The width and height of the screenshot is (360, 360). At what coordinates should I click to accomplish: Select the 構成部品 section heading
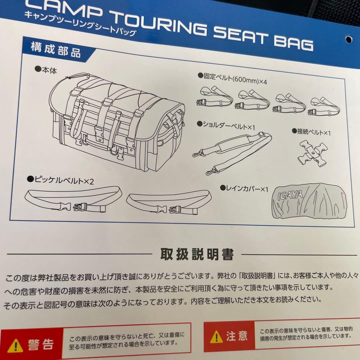[x=56, y=50]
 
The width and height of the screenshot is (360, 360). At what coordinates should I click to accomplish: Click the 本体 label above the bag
[x=46, y=70]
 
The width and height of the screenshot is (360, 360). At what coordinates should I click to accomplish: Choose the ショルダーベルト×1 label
[x=226, y=125]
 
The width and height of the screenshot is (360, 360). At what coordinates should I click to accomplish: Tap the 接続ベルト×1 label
[x=311, y=132]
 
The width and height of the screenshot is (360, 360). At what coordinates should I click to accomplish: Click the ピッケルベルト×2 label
[x=60, y=180]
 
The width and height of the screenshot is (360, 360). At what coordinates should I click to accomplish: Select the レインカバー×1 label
[x=244, y=188]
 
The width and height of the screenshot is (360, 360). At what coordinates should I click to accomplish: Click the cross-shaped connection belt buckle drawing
[x=313, y=153]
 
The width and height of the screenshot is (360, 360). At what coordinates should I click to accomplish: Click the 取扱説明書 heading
[x=197, y=254]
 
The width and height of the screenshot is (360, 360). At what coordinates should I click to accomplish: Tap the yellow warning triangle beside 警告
[x=15, y=346]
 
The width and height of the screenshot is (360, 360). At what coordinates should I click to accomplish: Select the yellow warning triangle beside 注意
[x=216, y=337]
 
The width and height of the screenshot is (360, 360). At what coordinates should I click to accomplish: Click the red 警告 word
[x=41, y=345]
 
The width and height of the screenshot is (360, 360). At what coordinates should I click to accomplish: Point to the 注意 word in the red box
[x=237, y=336]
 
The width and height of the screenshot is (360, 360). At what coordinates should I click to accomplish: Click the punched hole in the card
[x=349, y=39]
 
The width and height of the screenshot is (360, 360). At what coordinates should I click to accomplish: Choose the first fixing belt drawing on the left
[x=215, y=97]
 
